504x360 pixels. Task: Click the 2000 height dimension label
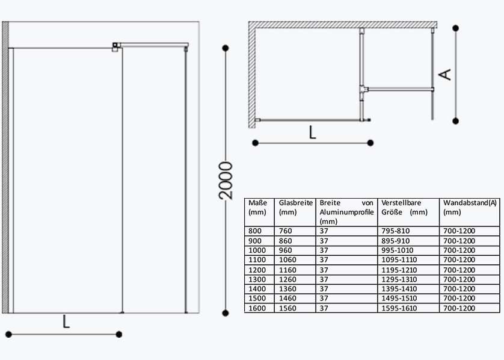pos(226,181)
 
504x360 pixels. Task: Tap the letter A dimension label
pos(445,75)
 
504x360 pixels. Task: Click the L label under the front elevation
pos(66,321)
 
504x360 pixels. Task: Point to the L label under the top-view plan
pos(312,132)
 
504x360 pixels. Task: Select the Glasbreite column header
pos(295,208)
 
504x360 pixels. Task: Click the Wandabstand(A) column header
pos(470,208)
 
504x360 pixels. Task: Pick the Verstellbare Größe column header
pos(404,208)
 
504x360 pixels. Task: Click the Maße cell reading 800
pos(255,231)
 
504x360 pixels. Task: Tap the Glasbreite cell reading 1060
pos(287,260)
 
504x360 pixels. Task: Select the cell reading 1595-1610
pos(399,308)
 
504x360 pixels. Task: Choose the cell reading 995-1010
pos(398,250)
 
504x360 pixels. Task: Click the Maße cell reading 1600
pos(257,308)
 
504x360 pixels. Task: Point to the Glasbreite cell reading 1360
pos(287,289)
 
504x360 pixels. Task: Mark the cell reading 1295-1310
pos(399,279)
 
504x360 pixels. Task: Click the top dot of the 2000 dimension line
pos(226,48)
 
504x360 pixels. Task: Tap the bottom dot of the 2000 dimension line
pos(226,313)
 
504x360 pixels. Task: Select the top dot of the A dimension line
pos(455,28)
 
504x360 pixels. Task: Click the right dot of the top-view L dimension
pos(370,143)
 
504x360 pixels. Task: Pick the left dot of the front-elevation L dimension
pos(8,335)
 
